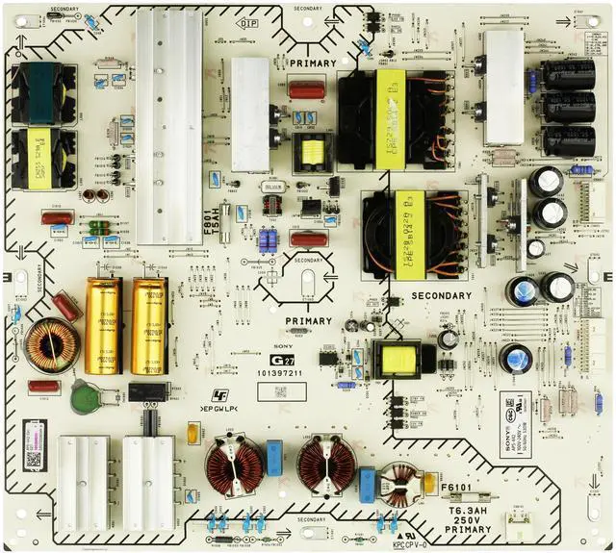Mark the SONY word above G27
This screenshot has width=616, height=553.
[286, 342]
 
